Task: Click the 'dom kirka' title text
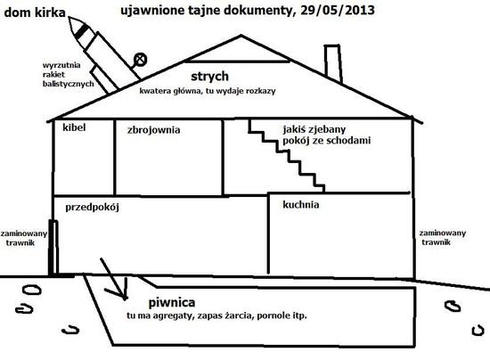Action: [x=35, y=12]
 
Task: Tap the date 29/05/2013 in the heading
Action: [x=338, y=11]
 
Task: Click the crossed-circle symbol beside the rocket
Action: [x=140, y=60]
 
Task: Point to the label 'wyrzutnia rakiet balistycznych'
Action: [x=68, y=74]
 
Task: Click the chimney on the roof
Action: [x=333, y=64]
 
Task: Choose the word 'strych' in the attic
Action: [x=209, y=77]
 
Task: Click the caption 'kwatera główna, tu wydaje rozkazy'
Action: [x=208, y=91]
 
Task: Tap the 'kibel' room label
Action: [x=74, y=127]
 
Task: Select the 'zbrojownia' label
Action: [x=154, y=130]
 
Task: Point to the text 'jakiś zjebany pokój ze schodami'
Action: [x=327, y=135]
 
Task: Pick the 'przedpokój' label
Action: [x=92, y=208]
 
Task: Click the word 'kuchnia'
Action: [x=301, y=205]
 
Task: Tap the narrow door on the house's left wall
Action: [x=53, y=248]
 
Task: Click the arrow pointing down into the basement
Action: [x=113, y=279]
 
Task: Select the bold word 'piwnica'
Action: [x=172, y=302]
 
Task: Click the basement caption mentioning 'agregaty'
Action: [x=216, y=315]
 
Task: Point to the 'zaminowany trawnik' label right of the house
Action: [x=443, y=238]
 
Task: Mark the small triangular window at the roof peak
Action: [x=238, y=49]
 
